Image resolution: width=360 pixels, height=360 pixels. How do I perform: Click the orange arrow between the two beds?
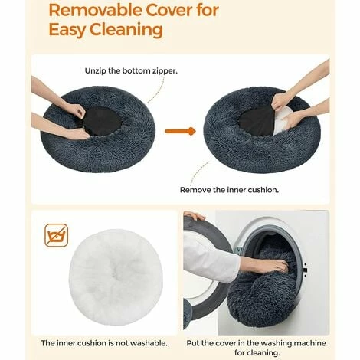(180, 131)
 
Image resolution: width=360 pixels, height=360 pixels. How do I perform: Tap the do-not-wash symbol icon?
(57, 235)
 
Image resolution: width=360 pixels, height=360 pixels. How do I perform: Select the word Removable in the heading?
(95, 11)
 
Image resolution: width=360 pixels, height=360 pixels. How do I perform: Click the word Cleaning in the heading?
(126, 30)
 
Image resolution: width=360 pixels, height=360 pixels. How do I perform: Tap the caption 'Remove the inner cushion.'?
(229, 190)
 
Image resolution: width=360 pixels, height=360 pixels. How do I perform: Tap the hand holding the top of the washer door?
(194, 215)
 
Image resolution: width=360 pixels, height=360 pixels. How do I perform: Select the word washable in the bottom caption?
(149, 343)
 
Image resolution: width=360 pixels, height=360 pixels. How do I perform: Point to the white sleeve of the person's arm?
(210, 258)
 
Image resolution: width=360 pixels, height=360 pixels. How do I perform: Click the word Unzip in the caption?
(96, 71)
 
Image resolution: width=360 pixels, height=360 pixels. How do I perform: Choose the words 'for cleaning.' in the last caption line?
(257, 353)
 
